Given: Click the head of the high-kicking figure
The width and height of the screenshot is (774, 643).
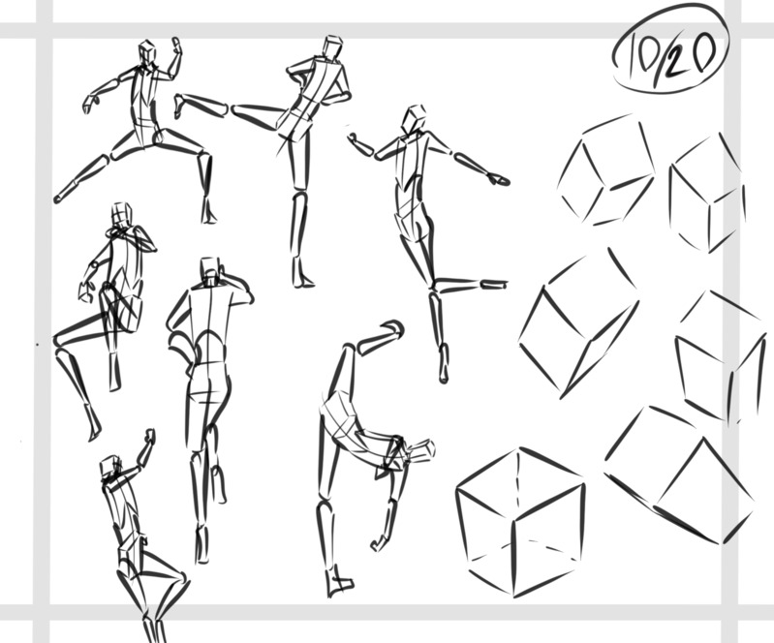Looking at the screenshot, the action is click(x=333, y=47).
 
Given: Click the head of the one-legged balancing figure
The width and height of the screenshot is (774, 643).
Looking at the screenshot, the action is click(x=414, y=119).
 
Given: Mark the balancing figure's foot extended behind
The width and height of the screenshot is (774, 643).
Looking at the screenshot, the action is click(x=494, y=285).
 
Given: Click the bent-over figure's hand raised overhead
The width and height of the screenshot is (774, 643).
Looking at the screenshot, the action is click(x=393, y=327).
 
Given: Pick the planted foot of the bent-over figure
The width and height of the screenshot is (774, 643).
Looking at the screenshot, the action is click(x=339, y=584).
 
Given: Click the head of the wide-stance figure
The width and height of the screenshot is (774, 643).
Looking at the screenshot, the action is click(x=147, y=52).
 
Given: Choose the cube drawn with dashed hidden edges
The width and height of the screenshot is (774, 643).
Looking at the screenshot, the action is click(x=520, y=522).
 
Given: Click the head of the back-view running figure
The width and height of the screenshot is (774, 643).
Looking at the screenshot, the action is click(x=210, y=271).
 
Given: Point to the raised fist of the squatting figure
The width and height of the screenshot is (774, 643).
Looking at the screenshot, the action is click(x=150, y=436).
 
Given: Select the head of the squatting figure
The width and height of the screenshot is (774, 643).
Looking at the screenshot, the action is click(x=110, y=467).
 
